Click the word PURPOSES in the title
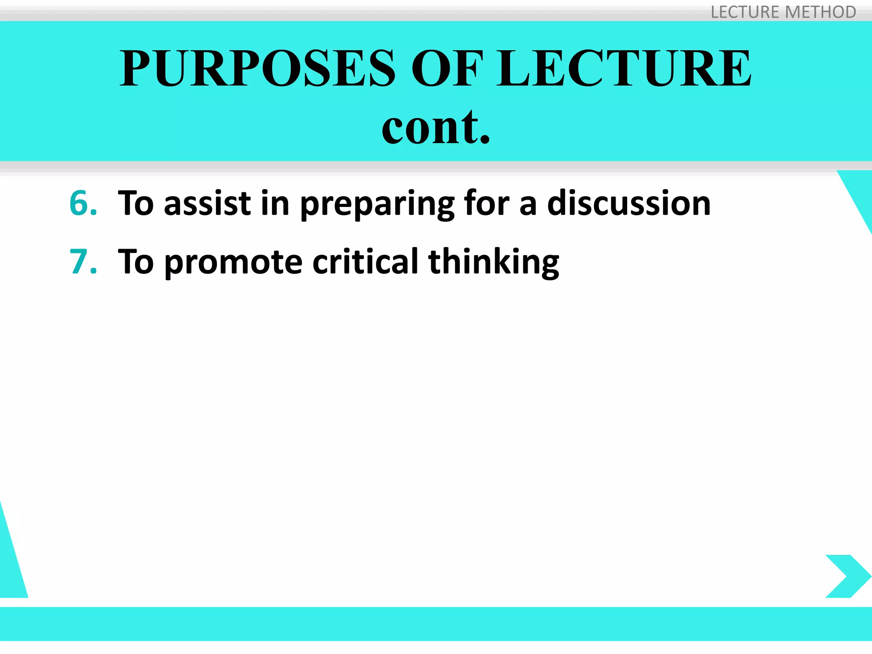pos(257,68)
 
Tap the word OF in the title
pos(447,68)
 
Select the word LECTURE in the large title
pos(624,68)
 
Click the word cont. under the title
pos(436,126)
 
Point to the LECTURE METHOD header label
pos(783,12)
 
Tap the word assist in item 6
pos(207,203)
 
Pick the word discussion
pos(628,203)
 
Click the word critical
pos(365,261)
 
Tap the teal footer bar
pos(436,623)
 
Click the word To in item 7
pos(135,261)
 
